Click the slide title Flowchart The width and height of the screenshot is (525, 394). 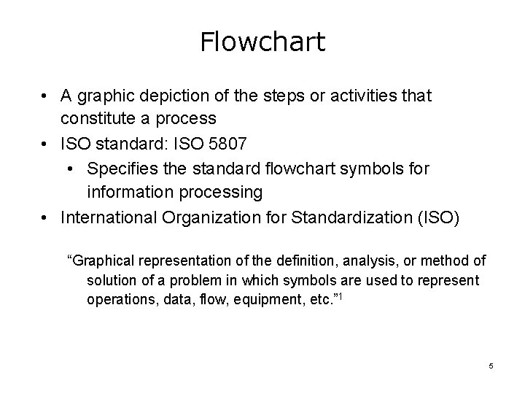(262, 42)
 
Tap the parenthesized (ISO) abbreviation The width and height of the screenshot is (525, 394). (435, 217)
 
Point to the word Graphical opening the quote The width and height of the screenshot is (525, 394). (102, 260)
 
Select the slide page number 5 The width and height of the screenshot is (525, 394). (491, 365)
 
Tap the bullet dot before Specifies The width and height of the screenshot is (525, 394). (73, 169)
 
